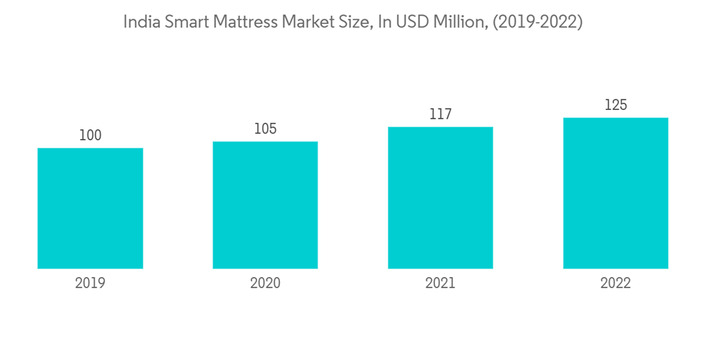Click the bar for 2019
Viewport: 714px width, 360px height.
coord(90,209)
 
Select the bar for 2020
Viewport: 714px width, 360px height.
coord(265,205)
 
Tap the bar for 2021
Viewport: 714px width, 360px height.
coord(441,198)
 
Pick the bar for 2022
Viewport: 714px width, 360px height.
coord(615,193)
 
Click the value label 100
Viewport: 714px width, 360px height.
coord(90,135)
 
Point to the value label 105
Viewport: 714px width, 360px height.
coord(265,129)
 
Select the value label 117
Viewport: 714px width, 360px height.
coord(441,114)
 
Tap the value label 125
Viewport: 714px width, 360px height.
coord(615,105)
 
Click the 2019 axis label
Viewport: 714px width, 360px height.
coord(90,283)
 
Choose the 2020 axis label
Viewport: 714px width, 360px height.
coord(265,283)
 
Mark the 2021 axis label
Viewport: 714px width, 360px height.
coord(441,283)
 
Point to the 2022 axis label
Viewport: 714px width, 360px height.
coord(615,283)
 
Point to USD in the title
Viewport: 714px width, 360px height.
coord(409,22)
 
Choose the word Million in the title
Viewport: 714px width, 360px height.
coord(457,22)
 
